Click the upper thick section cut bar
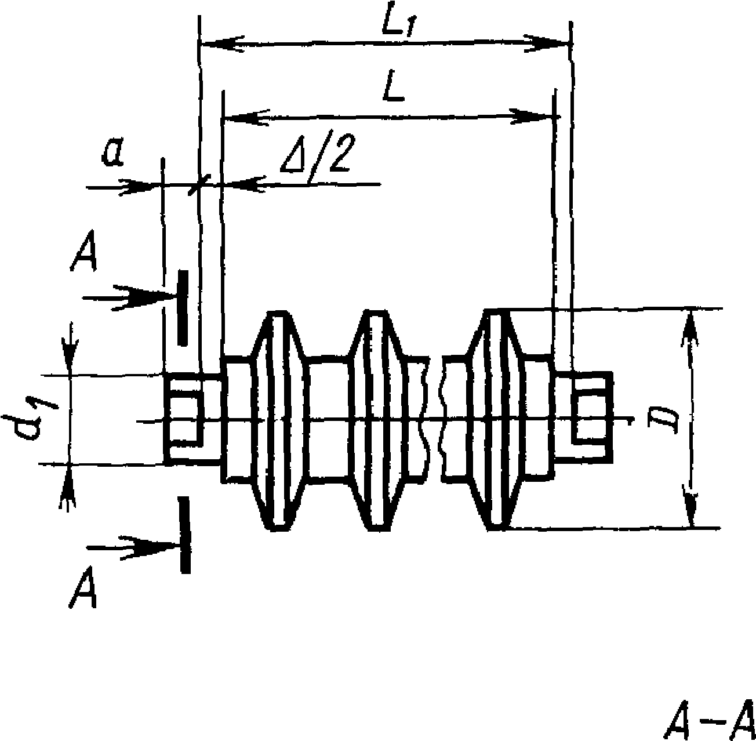[x=183, y=307]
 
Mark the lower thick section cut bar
[x=185, y=534]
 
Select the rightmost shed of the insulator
[x=497, y=418]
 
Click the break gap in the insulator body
[x=436, y=419]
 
